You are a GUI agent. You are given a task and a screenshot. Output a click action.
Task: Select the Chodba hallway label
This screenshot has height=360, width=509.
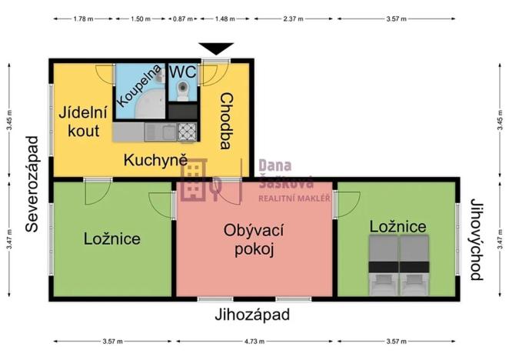(x=226, y=121)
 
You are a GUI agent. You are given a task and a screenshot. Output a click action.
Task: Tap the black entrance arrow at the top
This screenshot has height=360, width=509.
(x=218, y=48)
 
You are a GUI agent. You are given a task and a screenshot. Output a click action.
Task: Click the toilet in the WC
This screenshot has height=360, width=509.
(x=183, y=91)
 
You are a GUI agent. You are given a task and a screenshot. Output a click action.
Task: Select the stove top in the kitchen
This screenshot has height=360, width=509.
(x=187, y=132)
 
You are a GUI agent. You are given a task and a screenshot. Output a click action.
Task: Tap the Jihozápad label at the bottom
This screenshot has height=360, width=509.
(x=254, y=314)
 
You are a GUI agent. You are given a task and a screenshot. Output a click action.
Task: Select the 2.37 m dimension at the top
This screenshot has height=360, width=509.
(x=291, y=18)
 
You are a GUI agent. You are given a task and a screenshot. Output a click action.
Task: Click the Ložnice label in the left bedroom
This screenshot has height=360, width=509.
(x=112, y=238)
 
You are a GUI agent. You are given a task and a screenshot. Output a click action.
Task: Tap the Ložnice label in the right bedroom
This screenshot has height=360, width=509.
(x=398, y=227)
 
